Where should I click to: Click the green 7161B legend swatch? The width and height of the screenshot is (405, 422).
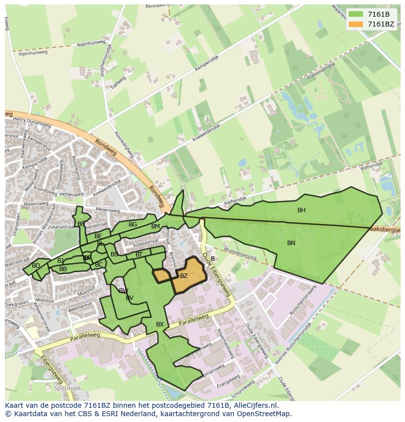[356, 15]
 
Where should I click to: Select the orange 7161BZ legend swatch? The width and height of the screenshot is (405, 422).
[356, 24]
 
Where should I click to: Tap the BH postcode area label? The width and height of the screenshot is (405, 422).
[301, 210]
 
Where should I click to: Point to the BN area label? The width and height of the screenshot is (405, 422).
[291, 243]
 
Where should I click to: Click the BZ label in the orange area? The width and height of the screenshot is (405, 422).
[184, 276]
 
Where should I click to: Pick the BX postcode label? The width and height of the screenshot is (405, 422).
[160, 324]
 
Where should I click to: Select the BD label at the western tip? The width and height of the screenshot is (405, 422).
[36, 266]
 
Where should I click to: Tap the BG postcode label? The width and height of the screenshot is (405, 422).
[133, 224]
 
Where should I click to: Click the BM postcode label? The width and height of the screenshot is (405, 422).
[156, 226]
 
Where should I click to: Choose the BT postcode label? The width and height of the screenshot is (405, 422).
[139, 254]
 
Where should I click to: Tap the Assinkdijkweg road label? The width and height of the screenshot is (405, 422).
[124, 143]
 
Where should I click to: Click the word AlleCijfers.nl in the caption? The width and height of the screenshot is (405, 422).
[254, 406]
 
